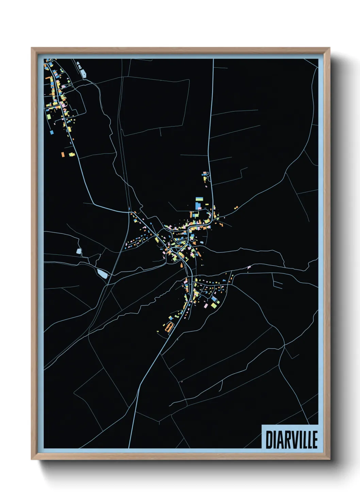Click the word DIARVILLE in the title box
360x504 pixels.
point(292,440)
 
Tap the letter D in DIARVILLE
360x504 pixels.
point(269,440)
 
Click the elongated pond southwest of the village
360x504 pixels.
point(103,273)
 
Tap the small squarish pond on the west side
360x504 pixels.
point(79,252)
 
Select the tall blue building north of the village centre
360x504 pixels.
point(198,206)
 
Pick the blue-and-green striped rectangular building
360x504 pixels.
point(199,199)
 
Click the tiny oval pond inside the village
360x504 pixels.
point(202,242)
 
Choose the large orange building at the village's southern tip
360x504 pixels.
point(167,328)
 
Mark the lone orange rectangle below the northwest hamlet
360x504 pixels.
point(63,154)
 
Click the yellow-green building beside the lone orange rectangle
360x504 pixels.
point(71,155)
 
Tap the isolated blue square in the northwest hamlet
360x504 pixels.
point(52,132)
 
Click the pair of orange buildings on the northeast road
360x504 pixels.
point(236,207)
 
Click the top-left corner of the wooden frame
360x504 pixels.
point(32,48)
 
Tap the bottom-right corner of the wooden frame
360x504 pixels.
point(329,459)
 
